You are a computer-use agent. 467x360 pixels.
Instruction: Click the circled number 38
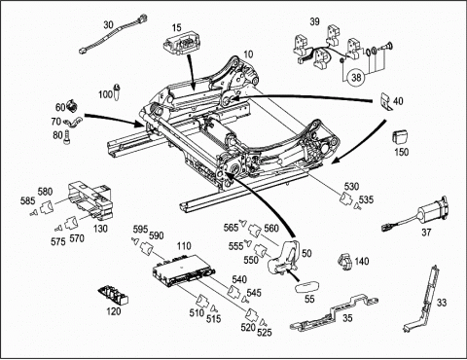pos(356,77)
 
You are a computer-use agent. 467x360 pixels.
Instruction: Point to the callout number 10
pos(248,54)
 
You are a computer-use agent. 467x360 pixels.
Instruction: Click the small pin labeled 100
pos(118,91)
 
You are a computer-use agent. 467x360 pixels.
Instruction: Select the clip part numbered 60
pos(72,106)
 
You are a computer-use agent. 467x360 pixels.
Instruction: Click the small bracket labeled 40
pos(385,101)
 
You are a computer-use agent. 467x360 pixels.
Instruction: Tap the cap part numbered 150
pos(400,137)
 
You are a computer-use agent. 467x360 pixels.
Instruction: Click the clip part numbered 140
pos(345,261)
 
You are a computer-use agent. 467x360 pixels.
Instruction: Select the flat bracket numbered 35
pos(334,313)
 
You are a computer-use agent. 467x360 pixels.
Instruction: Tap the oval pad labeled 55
pos(306,286)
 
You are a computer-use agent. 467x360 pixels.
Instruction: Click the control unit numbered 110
pos(184,270)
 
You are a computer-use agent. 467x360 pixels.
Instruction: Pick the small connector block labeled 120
pos(114,295)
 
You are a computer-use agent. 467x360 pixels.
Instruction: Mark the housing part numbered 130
pos(91,199)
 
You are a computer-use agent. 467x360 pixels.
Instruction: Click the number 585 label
pos(27,200)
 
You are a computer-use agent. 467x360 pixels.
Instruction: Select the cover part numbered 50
pos(283,257)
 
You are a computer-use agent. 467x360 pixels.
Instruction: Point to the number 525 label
pos(265,332)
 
